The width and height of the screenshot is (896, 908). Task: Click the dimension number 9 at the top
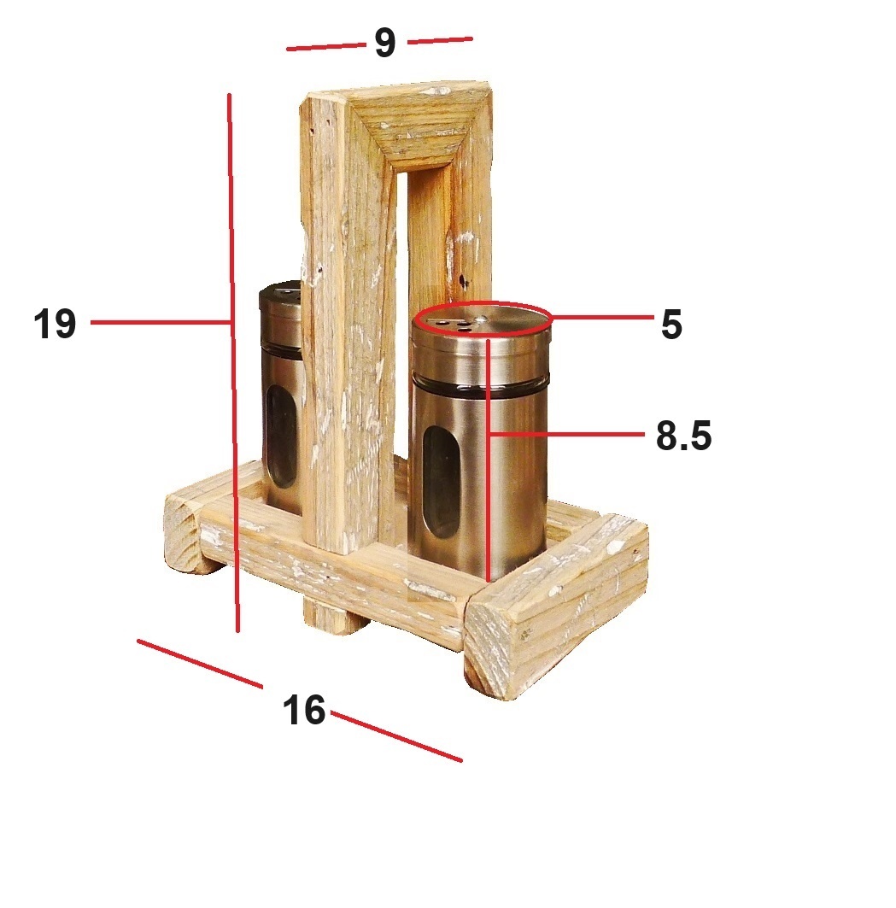385,42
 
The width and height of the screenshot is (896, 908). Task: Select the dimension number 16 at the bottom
304,710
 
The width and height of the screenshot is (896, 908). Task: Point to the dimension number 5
671,324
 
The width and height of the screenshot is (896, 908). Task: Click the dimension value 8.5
683,436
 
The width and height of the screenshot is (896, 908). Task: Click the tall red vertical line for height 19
233,362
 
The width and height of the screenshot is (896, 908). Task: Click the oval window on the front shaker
442,482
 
